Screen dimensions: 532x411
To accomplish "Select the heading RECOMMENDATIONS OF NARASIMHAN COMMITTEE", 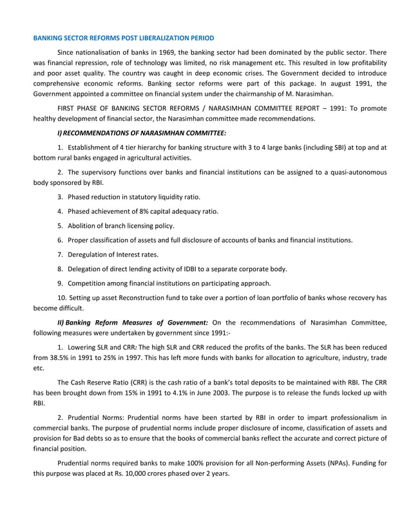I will click(x=144, y=133).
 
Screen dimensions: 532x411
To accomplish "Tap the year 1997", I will click(x=139, y=357).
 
